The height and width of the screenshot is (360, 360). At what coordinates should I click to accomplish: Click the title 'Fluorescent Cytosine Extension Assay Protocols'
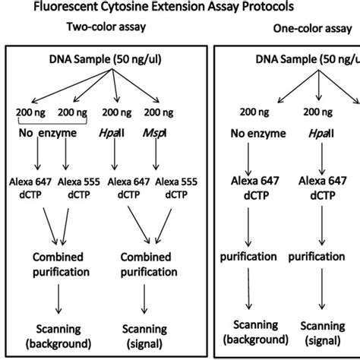pos(161,8)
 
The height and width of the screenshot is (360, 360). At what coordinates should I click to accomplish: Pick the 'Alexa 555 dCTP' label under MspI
pos(176,188)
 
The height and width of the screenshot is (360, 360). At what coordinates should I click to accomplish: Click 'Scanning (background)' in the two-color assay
pos(59,335)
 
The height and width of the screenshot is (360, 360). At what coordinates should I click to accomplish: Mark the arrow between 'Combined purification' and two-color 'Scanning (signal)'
pos(144,302)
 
